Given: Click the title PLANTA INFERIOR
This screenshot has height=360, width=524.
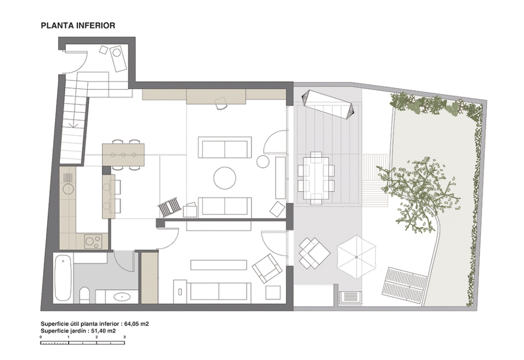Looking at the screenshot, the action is pos(78,26).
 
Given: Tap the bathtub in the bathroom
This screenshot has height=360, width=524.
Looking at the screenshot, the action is pos(63,277).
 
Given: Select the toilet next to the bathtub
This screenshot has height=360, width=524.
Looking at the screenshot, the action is pos(84,295).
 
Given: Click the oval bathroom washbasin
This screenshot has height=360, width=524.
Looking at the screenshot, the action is pos(122,297).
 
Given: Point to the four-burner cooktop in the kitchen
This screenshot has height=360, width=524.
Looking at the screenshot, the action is pos(93,242).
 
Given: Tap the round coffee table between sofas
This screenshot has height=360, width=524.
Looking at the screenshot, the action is pos(225,178).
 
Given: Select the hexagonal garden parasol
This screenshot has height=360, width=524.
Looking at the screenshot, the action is pos(356,257).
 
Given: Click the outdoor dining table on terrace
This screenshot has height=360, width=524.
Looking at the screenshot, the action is pos(316,178).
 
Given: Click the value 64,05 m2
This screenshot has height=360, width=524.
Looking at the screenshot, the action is pos(137,324).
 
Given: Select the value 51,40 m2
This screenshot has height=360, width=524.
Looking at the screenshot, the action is pos(104,331).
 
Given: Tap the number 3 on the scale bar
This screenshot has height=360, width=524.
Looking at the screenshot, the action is pos(125,337).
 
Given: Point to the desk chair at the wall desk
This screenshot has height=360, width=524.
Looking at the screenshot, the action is pos(221,103).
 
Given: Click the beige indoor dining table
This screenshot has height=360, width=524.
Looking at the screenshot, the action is pos(123,154).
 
